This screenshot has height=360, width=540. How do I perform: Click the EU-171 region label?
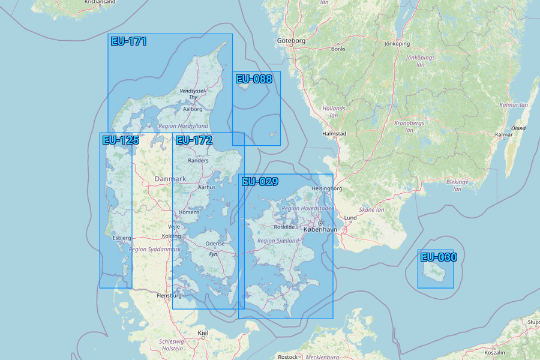click(128, 41)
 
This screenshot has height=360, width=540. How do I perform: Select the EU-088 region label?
click(253, 79)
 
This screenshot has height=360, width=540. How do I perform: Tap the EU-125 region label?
click(121, 140)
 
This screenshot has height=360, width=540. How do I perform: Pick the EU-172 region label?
click(194, 140)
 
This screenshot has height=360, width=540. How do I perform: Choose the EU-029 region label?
click(260, 182)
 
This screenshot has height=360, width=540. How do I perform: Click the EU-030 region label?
click(439, 257)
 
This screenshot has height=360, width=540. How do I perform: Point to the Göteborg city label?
click(292, 41)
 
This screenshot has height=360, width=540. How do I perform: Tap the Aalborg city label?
click(192, 109)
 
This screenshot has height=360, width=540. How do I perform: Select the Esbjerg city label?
click(121, 238)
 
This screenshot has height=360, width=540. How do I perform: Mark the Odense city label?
click(215, 244)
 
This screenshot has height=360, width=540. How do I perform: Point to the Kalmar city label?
click(504, 134)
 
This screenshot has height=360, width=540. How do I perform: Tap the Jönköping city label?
click(397, 44)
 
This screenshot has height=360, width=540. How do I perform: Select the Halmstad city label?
click(334, 134)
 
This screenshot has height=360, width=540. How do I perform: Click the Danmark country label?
click(170, 179)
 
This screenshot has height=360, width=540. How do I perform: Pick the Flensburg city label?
click(169, 296)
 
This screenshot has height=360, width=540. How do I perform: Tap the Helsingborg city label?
click(327, 188)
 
